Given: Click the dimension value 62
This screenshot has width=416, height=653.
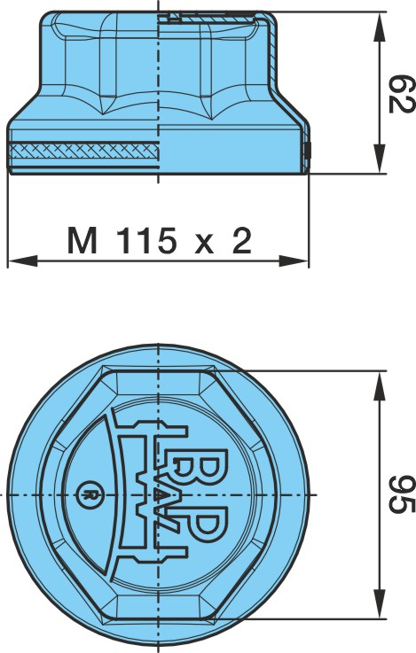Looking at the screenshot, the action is (x=402, y=94).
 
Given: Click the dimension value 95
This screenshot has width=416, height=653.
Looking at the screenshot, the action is (x=402, y=494).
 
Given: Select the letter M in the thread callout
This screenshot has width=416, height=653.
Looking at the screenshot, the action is (x=82, y=241).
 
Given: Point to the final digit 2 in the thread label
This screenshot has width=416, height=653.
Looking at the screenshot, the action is (x=242, y=241).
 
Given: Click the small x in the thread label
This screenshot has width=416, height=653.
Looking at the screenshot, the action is (x=204, y=245).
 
